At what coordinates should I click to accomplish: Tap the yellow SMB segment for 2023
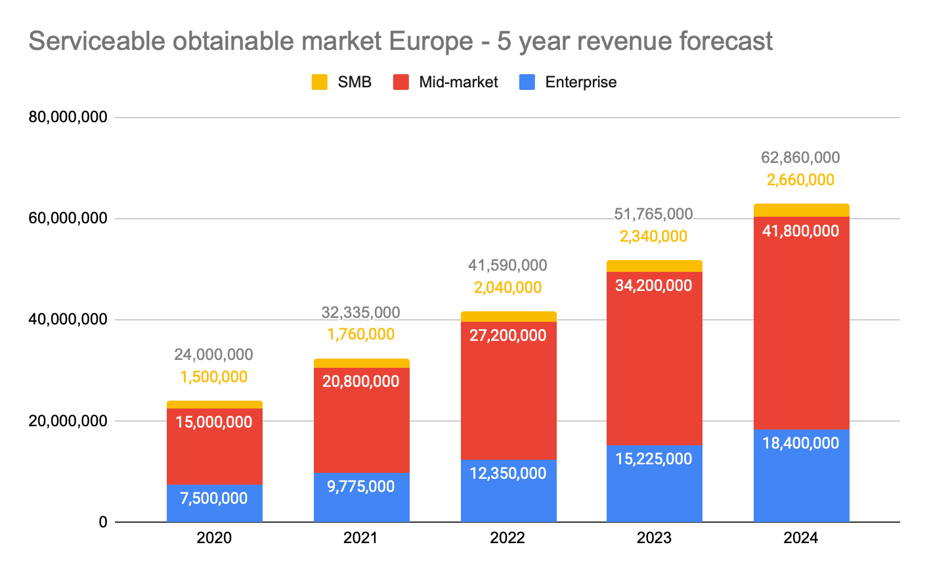click(x=654, y=266)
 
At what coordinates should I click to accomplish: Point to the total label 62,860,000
click(x=800, y=158)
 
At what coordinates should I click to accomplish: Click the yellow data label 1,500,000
click(x=214, y=377)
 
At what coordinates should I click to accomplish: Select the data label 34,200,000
click(x=654, y=286)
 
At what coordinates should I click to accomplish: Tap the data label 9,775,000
click(x=361, y=487)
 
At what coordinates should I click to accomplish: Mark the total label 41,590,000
click(x=508, y=265)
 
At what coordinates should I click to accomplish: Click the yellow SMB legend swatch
click(x=320, y=82)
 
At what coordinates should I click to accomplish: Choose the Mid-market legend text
click(x=458, y=82)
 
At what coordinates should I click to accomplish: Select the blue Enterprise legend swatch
click(x=527, y=82)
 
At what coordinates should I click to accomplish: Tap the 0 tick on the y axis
click(x=102, y=522)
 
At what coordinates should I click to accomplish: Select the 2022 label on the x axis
click(x=508, y=539)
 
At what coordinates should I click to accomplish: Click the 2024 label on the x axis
click(x=801, y=539)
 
